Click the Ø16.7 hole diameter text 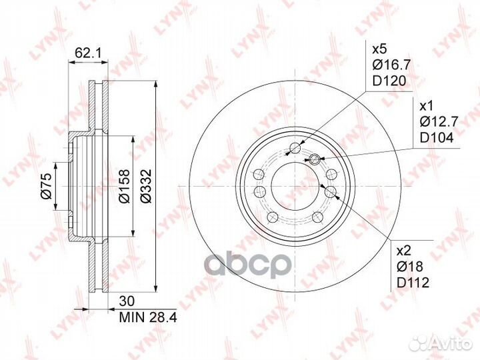point(389,65)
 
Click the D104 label point(435,138)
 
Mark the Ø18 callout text point(411,267)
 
